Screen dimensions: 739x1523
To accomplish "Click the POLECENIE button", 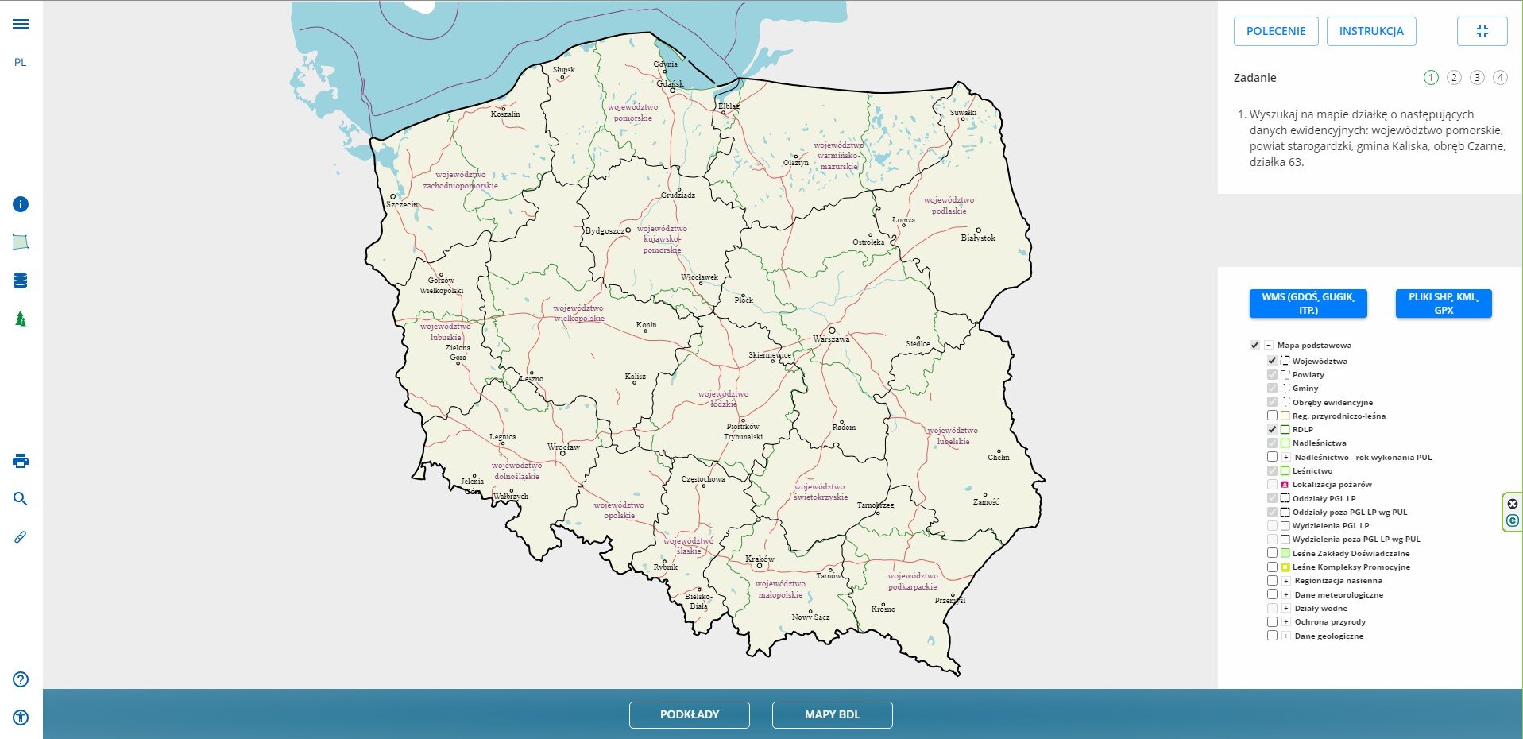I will point(1275,31).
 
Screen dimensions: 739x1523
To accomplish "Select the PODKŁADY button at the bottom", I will point(689,714).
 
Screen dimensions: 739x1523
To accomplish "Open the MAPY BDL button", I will point(832,714).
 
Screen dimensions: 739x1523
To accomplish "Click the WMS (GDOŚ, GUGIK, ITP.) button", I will point(1308,304).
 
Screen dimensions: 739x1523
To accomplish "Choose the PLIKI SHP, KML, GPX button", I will point(1443,304).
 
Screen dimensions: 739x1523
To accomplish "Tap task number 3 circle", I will point(1476,77).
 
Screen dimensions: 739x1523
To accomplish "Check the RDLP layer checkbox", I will point(1272,429).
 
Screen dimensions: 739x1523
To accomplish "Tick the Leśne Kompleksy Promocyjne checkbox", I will point(1272,567).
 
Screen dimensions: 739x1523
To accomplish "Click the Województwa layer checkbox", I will point(1272,361).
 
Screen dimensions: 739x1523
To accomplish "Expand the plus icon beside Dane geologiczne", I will point(1285,636).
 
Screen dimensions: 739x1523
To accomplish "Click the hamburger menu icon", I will point(21,24).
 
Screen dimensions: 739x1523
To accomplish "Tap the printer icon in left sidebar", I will point(21,461).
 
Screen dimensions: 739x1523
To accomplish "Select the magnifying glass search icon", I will point(21,499).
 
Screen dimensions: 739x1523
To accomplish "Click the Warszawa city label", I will point(831,339).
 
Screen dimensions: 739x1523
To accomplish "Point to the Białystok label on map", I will point(977,238).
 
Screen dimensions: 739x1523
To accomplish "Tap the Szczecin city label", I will point(402,204).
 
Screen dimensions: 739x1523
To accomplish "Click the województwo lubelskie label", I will point(953,435).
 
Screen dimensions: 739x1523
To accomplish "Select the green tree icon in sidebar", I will point(21,319).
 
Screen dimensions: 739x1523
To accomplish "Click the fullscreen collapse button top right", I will point(1482,31).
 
